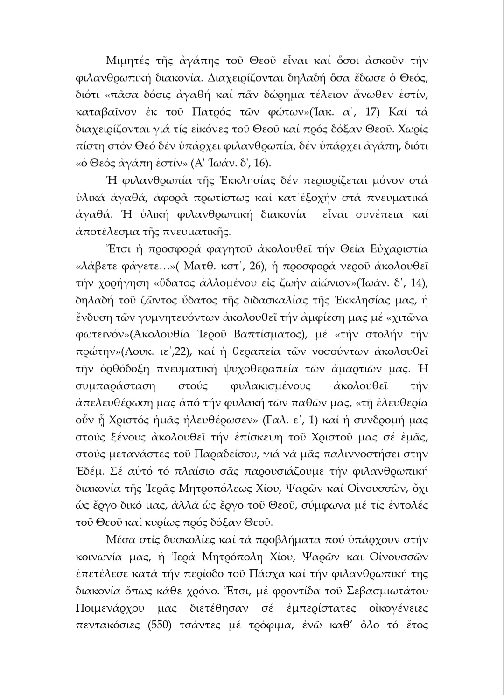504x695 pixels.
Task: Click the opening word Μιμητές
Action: (127, 61)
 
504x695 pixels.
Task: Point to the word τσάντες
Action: (207, 625)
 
